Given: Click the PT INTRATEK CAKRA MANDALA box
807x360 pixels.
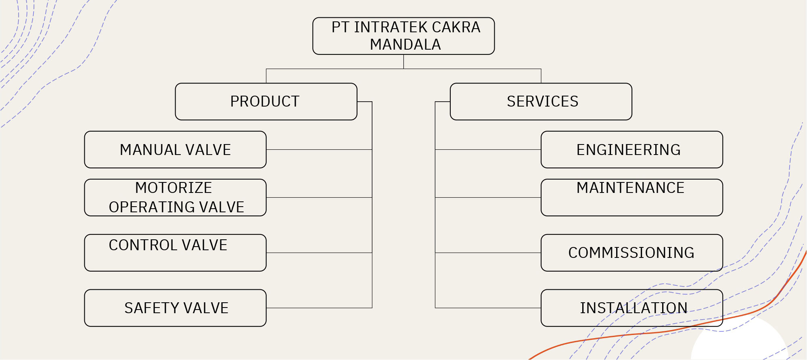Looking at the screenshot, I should (x=403, y=36).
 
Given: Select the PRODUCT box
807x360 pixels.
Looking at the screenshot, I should (x=266, y=101).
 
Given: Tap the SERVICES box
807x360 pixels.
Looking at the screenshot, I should (x=541, y=101).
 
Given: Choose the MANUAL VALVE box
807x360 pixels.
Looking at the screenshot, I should (x=175, y=149).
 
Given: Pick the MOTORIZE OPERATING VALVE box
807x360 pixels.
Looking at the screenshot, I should (x=175, y=197).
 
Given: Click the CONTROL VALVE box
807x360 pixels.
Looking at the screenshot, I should (x=175, y=253).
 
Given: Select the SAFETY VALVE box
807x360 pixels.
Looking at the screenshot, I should (x=175, y=308).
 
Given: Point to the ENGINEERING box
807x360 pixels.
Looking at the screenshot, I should (x=631, y=149).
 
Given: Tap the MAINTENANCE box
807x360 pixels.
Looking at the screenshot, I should (x=631, y=197).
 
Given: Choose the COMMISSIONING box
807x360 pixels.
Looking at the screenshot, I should (x=631, y=253).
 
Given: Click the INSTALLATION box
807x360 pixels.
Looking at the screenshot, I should (x=631, y=308).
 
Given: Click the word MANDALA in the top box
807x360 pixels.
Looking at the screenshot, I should (x=405, y=44).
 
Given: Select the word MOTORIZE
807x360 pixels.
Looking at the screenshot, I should (x=174, y=188).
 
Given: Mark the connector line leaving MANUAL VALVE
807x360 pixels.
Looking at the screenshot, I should (x=319, y=150).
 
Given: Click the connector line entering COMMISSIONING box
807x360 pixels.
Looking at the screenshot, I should (x=488, y=253).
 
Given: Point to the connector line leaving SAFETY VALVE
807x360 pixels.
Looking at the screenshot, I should (x=319, y=308).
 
